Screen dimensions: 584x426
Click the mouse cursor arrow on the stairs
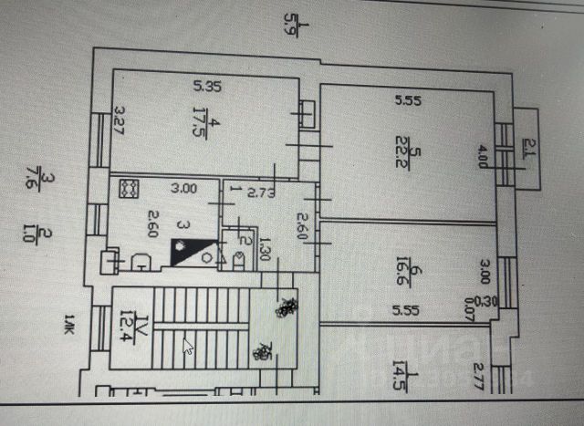pos(189,348)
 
